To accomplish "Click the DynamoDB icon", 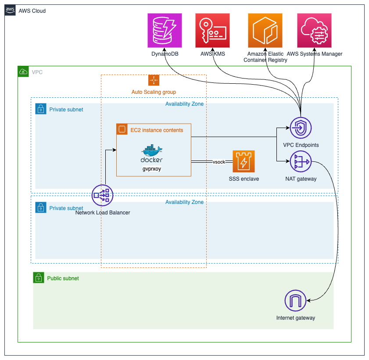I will [x=165, y=31].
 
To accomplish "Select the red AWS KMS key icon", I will [x=213, y=31].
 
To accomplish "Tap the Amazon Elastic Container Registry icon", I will [x=265, y=31].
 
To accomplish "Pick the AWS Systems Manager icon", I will [x=314, y=31].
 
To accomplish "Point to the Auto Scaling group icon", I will [x=154, y=80].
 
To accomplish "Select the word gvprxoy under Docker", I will [x=152, y=169].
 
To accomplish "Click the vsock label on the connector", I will [x=219, y=162].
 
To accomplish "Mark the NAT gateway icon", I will [x=301, y=162].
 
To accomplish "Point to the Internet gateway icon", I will [x=296, y=301].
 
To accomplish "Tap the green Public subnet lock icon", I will [x=39, y=278].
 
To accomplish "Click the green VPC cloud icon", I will [x=23, y=71].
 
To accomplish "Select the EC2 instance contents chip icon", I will [x=122, y=129].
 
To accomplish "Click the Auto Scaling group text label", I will [x=154, y=92].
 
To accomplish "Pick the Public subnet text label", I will [x=63, y=278].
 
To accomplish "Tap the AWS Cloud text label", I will [x=32, y=11].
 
